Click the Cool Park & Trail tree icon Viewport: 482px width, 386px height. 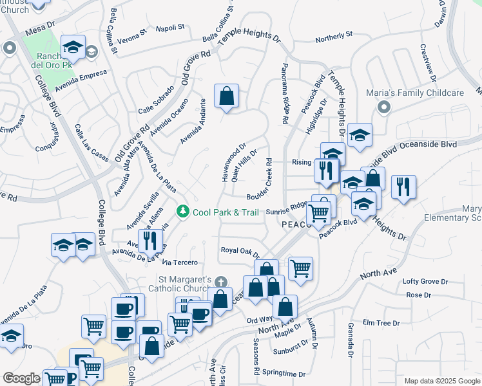[x=183, y=212]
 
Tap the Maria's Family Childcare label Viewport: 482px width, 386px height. [x=415, y=93]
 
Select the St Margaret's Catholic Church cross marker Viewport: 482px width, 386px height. [x=221, y=282]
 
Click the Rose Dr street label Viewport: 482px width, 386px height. [x=418, y=295]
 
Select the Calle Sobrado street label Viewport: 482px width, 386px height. [x=156, y=100]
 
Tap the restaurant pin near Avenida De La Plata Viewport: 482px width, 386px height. [x=150, y=241]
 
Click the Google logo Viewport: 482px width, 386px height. [x=21, y=378]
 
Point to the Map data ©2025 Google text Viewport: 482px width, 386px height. [x=442, y=381]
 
